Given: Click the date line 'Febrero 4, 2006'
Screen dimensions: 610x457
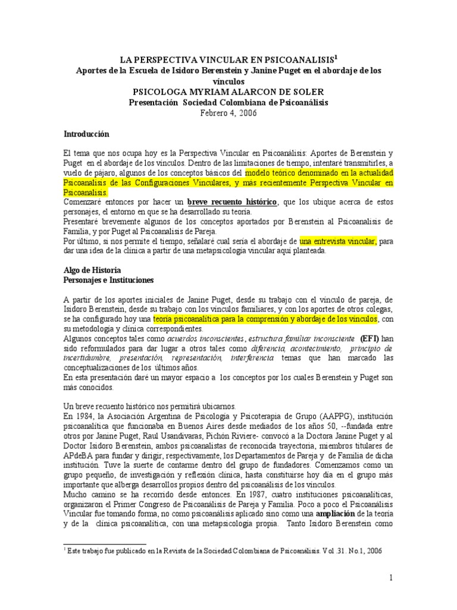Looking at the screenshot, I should point(228,114).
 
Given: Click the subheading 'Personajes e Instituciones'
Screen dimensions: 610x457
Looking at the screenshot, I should point(108,279).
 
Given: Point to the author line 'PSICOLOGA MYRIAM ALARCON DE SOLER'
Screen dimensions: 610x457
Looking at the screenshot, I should point(228,92).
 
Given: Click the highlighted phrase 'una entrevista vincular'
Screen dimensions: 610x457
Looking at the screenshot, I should point(337,241).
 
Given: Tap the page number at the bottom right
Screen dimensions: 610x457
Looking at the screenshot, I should point(391,578).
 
